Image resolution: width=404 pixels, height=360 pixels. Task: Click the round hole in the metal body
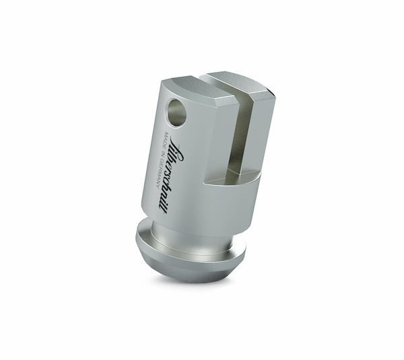[177, 111]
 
